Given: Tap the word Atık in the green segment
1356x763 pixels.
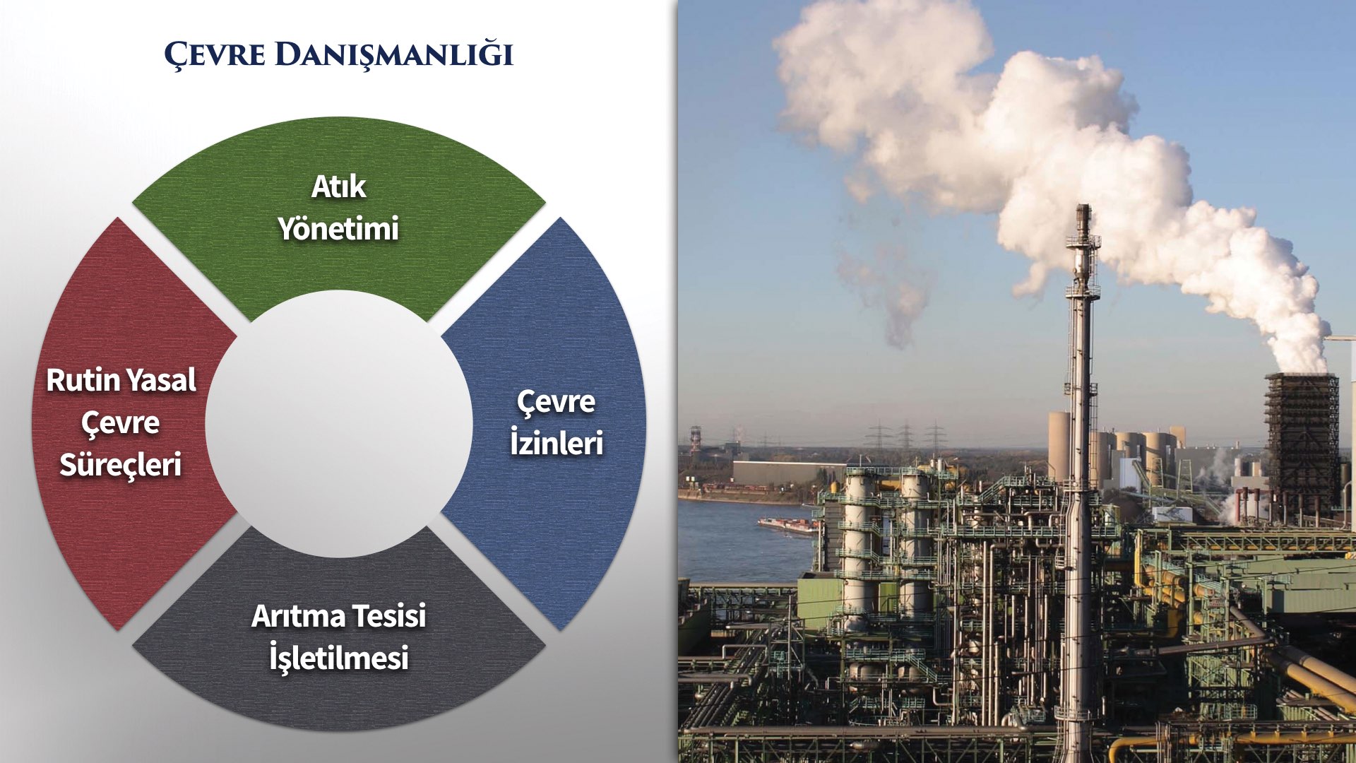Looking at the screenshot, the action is click(339, 187).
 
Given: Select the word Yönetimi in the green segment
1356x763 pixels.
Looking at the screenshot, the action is click(339, 229).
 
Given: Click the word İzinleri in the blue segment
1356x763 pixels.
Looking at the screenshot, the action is click(557, 443).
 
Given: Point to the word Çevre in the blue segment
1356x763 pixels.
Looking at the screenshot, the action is click(557, 403).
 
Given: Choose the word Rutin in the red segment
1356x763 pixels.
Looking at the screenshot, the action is click(74, 380).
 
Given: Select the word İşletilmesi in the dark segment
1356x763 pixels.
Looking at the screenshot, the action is click(339, 658).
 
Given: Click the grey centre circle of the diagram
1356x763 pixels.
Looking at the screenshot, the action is click(339, 424).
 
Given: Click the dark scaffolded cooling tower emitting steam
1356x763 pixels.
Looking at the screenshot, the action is click(1302, 438).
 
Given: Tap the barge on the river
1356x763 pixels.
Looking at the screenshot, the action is click(787, 525).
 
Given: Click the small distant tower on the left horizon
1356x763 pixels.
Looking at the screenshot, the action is click(696, 439).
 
